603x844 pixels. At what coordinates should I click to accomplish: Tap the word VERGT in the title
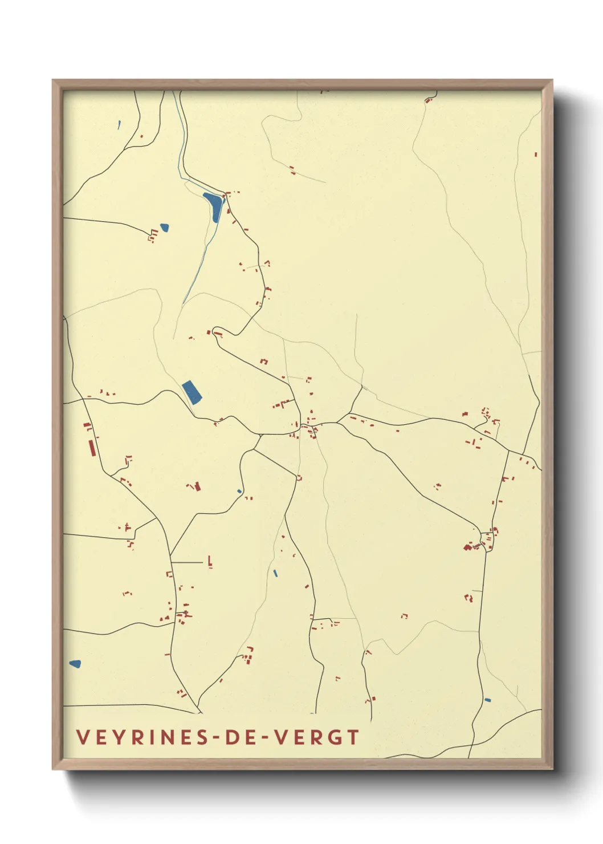316,737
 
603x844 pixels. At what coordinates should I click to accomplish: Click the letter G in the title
335,737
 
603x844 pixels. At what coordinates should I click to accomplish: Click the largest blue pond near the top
214,206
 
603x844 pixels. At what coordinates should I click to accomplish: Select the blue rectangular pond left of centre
192,392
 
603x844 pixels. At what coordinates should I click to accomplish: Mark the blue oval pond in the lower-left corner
75,664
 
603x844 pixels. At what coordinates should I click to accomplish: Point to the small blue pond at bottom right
487,700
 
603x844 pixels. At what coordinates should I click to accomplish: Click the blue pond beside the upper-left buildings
165,228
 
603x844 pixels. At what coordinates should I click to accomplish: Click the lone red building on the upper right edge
536,154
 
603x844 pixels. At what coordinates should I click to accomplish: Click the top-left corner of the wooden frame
54,81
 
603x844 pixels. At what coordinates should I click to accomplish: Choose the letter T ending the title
353,737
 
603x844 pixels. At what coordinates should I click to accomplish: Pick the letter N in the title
164,737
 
